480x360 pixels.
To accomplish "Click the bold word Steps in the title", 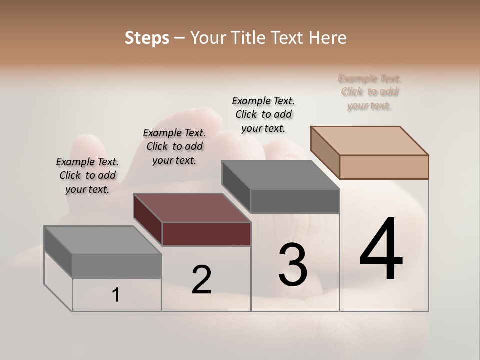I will point(147,38).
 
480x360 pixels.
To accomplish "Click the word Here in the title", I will point(328,38).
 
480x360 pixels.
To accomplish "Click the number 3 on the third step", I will point(293,265).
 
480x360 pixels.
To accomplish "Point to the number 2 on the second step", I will point(202,280).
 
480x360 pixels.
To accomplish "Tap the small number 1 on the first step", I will point(116,295).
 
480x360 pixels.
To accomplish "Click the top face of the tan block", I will point(370,140).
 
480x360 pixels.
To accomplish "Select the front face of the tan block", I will point(384,167).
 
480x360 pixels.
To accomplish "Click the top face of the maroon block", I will point(192,208).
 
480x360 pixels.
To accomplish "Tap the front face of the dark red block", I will point(206,234).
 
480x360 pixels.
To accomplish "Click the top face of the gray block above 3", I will point(281,175).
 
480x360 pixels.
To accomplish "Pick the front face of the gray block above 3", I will point(295,201).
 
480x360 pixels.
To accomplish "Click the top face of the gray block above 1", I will point(103,240).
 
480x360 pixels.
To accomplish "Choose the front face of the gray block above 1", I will point(117,266).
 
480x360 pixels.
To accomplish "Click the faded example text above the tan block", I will point(370,92).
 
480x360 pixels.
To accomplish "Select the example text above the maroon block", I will point(174,146).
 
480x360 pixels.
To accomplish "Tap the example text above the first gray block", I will point(87,175).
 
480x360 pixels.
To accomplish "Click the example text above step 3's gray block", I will point(263,114).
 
